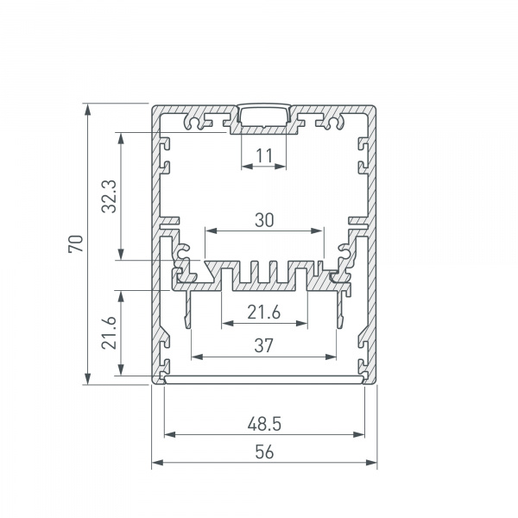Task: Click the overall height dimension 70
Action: pyautogui.click(x=76, y=244)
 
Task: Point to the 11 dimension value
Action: pyautogui.click(x=264, y=155)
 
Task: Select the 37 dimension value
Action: pyautogui.click(x=264, y=345)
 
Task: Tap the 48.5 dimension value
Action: pyautogui.click(x=264, y=425)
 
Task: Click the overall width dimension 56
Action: pyautogui.click(x=264, y=451)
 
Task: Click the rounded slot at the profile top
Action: pyautogui.click(x=264, y=116)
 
